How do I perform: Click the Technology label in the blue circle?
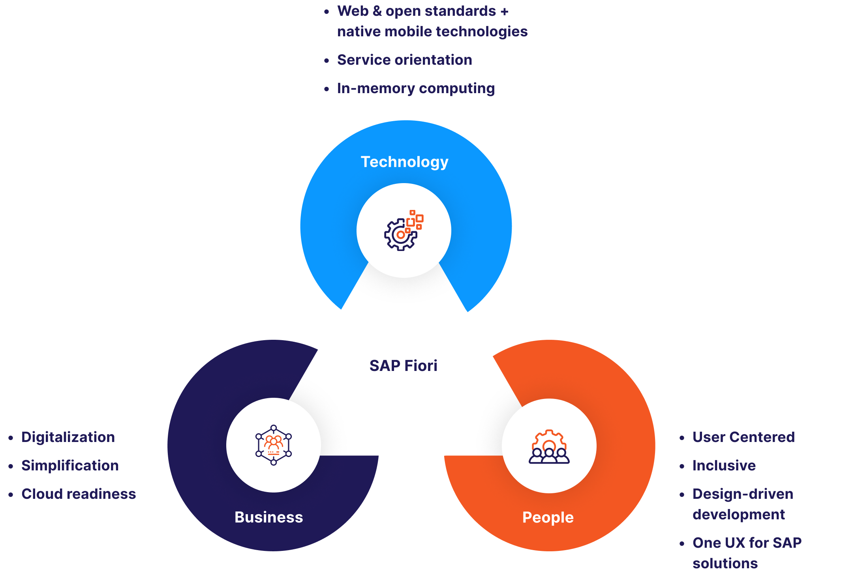(x=404, y=162)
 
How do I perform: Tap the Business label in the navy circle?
(x=268, y=517)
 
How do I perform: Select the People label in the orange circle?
(x=548, y=517)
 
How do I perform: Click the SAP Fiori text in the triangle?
(x=403, y=366)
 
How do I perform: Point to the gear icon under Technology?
(x=403, y=231)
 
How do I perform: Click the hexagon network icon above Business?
(x=274, y=445)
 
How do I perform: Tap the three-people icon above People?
(x=549, y=447)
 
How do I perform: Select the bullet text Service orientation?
(x=404, y=60)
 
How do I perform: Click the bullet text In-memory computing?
(x=415, y=88)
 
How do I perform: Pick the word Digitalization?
(x=68, y=437)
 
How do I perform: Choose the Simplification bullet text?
(x=70, y=466)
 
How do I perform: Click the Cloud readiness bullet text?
(x=78, y=494)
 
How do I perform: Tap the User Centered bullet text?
(x=743, y=437)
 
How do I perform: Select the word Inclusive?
(x=724, y=466)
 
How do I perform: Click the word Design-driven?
(x=742, y=494)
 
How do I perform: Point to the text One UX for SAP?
(x=747, y=543)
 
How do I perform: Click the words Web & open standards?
(x=416, y=11)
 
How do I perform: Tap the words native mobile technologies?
(x=432, y=32)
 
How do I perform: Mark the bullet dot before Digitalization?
(x=11, y=438)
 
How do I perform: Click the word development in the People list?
(x=738, y=515)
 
